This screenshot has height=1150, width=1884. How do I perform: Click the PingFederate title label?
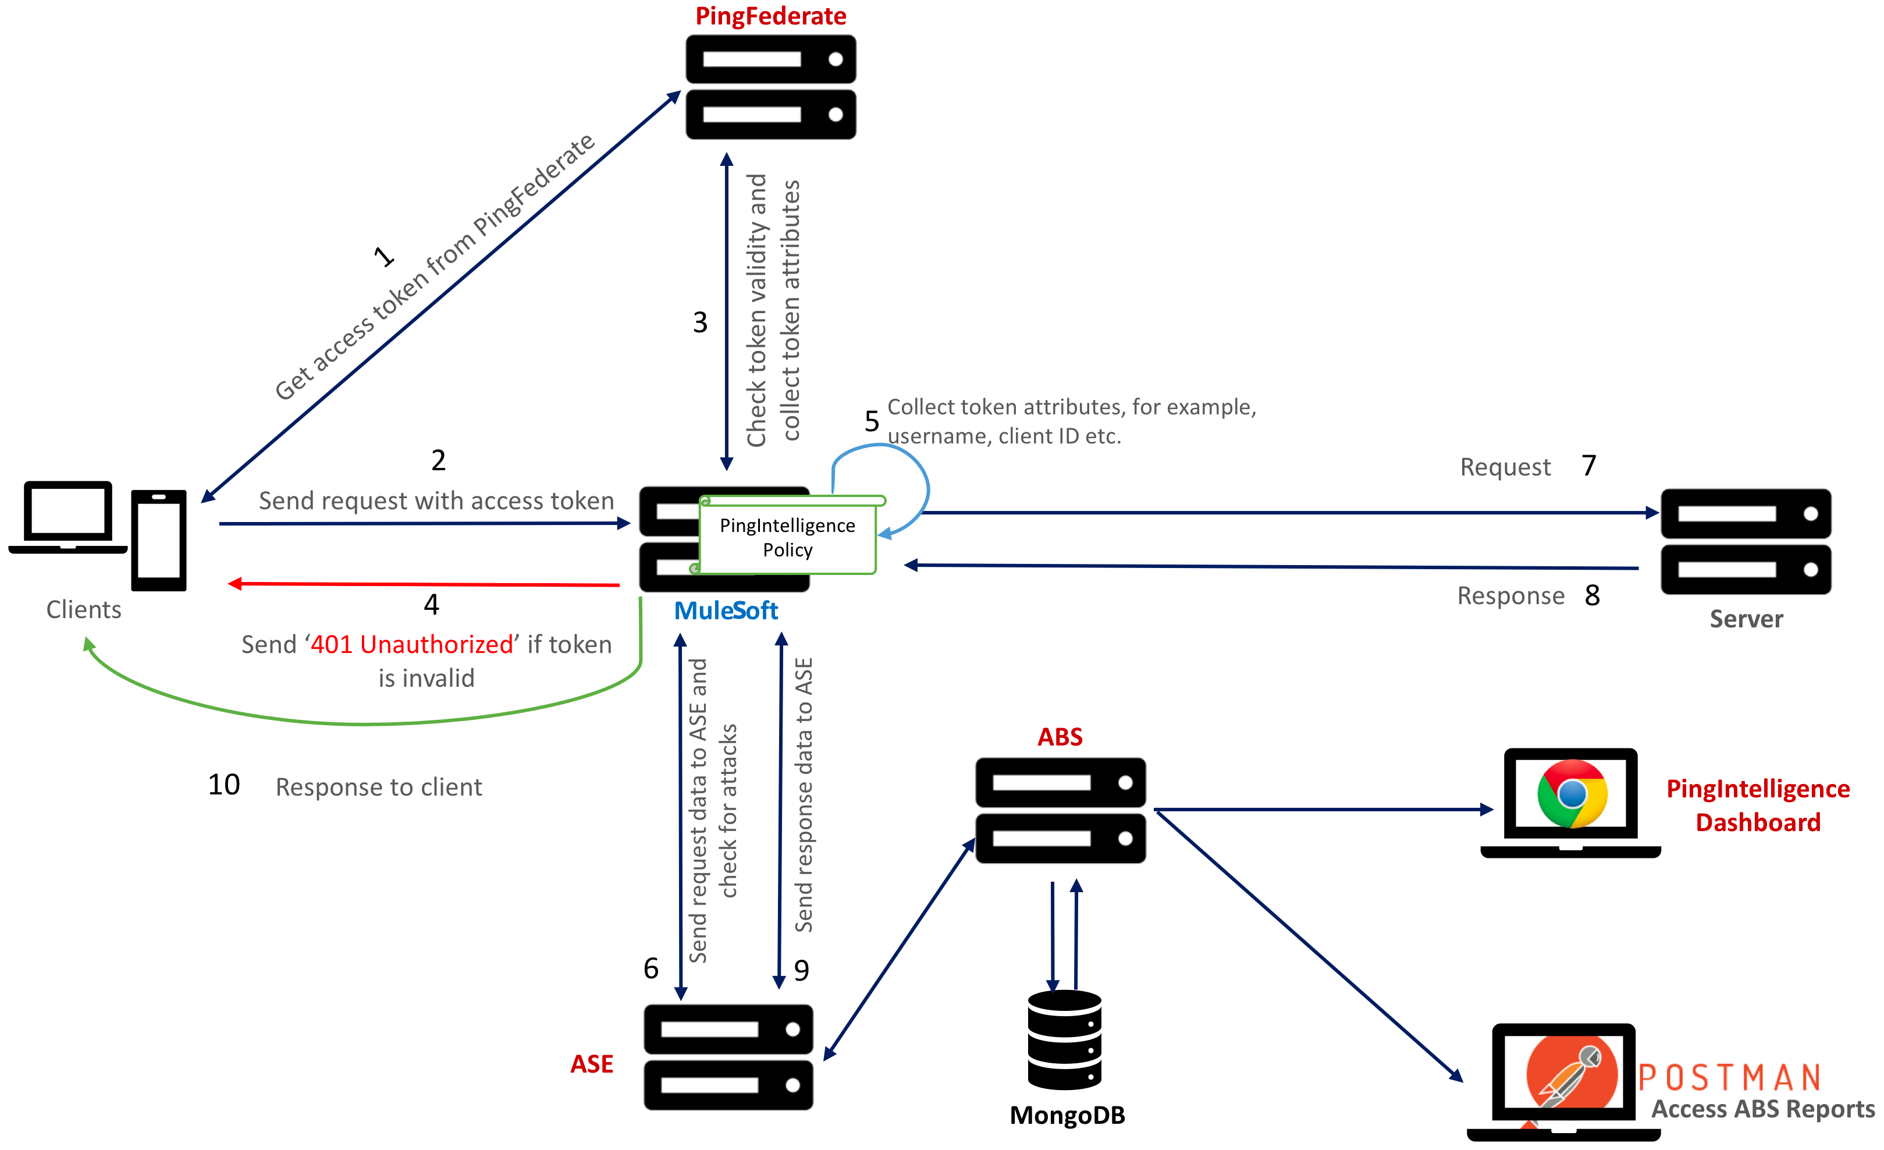[770, 16]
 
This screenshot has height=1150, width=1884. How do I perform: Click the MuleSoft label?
[726, 611]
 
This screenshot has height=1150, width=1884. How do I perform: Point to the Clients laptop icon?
[67, 516]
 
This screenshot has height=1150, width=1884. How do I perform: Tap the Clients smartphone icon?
[159, 540]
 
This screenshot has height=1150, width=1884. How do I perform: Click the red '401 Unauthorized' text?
[411, 645]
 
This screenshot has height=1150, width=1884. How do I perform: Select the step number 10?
[224, 785]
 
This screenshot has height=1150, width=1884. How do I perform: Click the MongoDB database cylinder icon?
[1064, 1040]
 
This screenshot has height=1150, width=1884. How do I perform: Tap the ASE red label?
[591, 1064]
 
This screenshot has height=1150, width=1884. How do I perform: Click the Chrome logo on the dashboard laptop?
[1572, 794]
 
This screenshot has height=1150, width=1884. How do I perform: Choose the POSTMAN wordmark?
[1730, 1078]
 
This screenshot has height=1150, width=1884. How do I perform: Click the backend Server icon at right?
[1745, 541]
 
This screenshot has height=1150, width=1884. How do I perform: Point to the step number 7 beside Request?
[1589, 466]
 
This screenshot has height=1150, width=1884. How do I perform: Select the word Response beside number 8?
[1510, 595]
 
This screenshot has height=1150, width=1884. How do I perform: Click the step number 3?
[699, 322]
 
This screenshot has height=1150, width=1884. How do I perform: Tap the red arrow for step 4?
[424, 584]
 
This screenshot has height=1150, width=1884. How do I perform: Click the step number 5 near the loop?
[872, 421]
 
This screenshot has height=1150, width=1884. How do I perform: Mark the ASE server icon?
[728, 1057]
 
